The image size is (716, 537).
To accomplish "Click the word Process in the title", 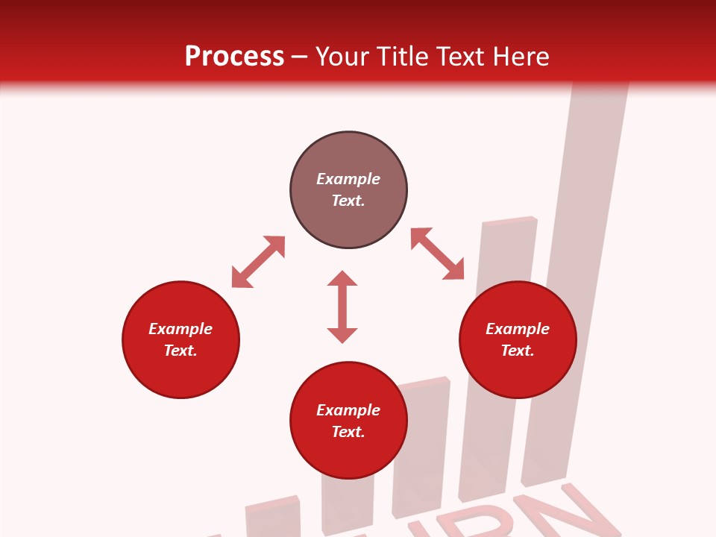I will (234, 56).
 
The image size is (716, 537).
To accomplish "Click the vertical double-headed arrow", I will (342, 307).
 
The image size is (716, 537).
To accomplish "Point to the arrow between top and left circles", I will (258, 262).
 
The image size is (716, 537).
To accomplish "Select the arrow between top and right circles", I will (437, 254).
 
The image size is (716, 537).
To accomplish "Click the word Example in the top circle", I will (348, 179).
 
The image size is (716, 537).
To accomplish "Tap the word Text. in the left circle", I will (180, 351).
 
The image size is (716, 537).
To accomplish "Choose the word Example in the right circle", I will (518, 329).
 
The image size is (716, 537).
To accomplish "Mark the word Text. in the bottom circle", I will (348, 432).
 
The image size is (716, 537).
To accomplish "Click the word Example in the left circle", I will (180, 329).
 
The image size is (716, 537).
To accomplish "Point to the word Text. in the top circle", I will (348, 201).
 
